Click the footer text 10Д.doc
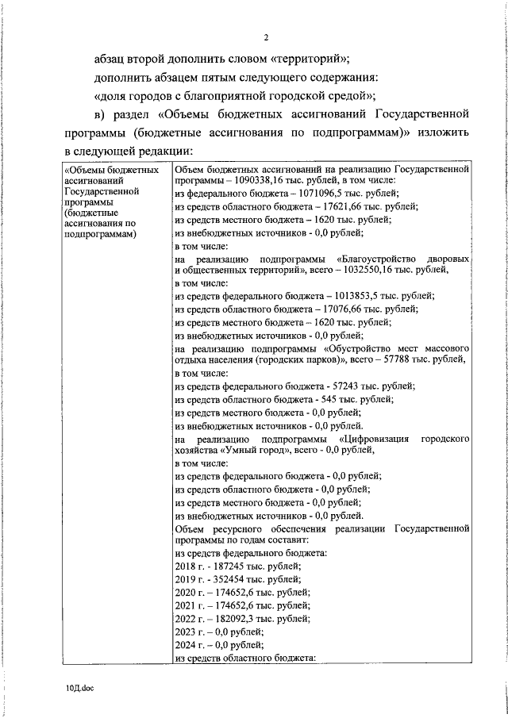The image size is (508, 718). (x=81, y=690)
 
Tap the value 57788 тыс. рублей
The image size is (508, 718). (x=437, y=360)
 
